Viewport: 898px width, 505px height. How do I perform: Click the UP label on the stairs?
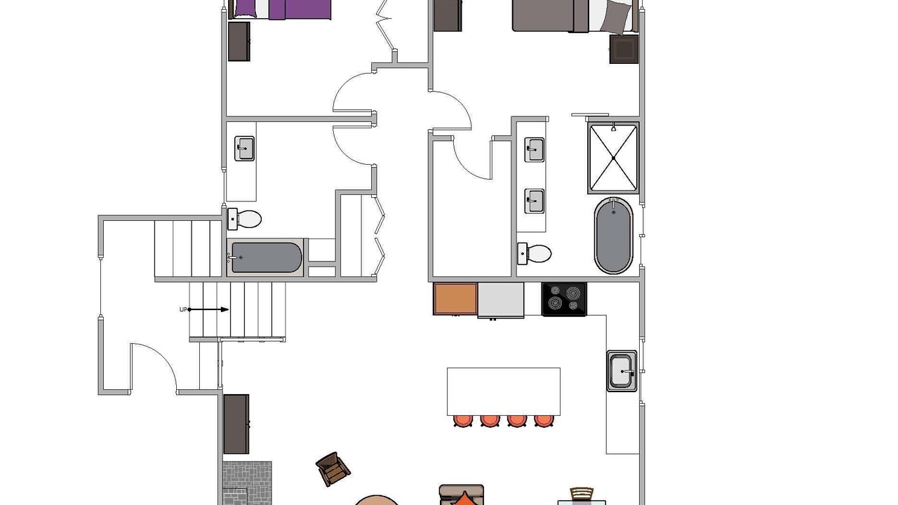(x=183, y=309)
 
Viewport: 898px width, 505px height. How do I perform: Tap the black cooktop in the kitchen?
(x=564, y=299)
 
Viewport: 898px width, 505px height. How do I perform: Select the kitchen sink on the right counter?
(x=622, y=371)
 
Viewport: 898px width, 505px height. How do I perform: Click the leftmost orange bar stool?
(x=463, y=421)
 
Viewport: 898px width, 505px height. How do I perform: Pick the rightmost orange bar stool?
(x=544, y=421)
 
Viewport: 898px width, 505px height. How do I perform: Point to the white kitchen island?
(x=504, y=391)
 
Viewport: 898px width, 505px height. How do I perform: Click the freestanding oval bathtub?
(x=613, y=236)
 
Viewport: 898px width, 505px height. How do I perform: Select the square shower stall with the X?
(x=613, y=158)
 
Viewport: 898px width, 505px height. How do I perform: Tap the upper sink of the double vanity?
(x=535, y=150)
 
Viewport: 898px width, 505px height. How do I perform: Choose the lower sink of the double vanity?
(x=535, y=201)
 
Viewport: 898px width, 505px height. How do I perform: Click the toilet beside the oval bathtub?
(x=535, y=254)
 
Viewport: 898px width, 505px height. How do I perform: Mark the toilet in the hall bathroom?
(x=245, y=220)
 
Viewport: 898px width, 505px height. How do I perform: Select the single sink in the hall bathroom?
(x=244, y=149)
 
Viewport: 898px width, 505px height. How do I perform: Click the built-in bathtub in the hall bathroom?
(x=265, y=257)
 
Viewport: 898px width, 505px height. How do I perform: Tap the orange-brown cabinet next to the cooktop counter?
(x=455, y=299)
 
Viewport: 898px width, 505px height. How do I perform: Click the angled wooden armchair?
(x=333, y=469)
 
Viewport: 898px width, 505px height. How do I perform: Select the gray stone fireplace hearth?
(x=247, y=483)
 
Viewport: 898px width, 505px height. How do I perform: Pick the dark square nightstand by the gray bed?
(x=624, y=49)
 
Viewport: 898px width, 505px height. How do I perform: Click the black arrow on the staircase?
(x=208, y=309)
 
